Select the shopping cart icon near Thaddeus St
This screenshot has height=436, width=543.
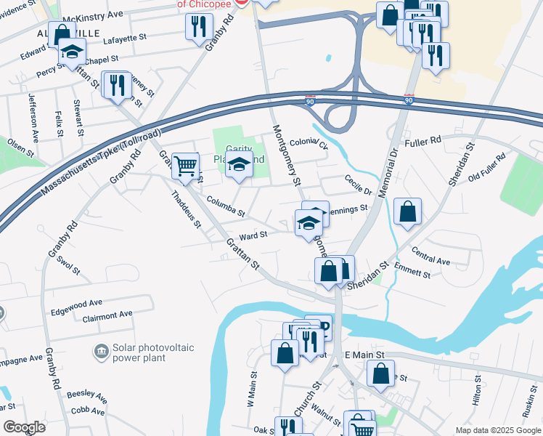(186, 166)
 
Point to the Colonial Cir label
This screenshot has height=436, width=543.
(309, 144)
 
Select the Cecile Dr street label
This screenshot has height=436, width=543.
(358, 186)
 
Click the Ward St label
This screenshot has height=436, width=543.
(253, 235)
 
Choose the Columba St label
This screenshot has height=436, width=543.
(224, 208)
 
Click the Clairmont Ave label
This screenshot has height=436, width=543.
(107, 315)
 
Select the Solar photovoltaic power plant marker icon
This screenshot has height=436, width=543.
(101, 352)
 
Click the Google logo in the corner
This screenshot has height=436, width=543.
(24, 427)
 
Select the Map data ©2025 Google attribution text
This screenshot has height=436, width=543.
(497, 430)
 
